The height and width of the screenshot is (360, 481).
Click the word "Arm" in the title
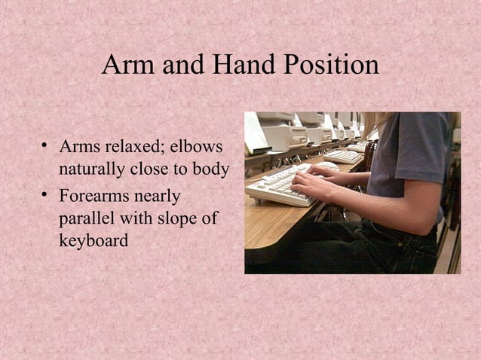(126, 65)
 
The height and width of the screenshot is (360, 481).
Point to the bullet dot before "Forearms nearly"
(46, 196)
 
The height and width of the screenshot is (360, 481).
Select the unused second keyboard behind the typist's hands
(343, 156)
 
